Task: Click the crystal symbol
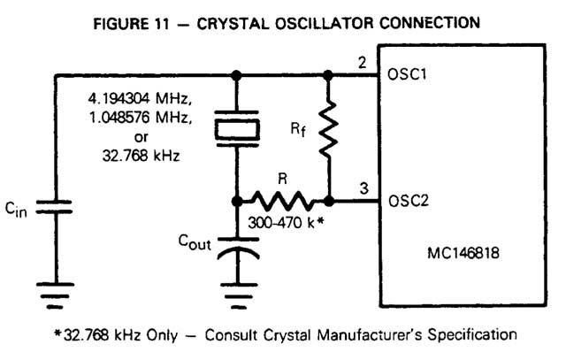point(237,132)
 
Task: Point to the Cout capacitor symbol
point(237,249)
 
